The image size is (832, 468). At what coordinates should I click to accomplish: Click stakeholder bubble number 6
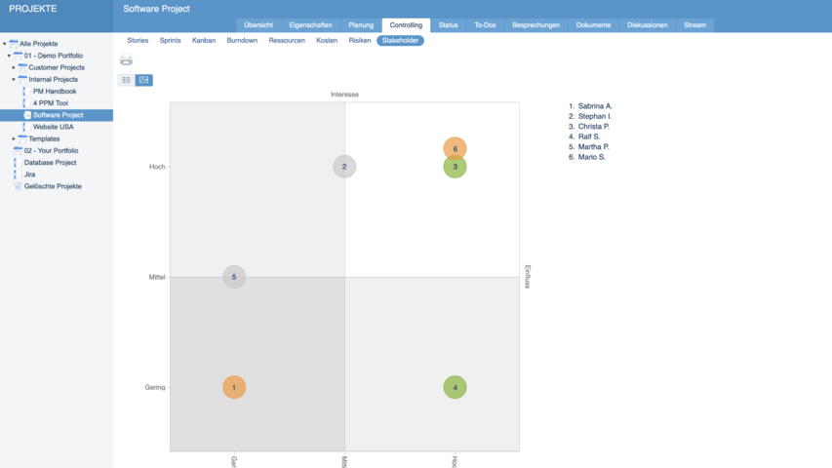point(455,149)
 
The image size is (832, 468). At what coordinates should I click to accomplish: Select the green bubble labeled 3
point(456,169)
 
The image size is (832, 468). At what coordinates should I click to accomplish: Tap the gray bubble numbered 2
point(344,167)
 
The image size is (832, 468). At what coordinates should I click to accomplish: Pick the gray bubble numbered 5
point(234,277)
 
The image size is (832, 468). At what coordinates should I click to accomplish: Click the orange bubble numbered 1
point(234,387)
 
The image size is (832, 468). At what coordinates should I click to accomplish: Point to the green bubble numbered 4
point(455,387)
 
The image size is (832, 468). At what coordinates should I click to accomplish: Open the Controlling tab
point(406,24)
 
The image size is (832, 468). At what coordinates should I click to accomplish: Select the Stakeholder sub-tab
point(400,41)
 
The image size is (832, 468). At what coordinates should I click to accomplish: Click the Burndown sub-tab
point(242,41)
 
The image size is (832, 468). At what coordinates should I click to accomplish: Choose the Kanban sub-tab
point(204,41)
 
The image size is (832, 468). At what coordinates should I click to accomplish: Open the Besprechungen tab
point(535,24)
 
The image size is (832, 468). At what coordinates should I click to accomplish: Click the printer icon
point(126,60)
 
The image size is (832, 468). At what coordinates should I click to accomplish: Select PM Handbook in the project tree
point(54,92)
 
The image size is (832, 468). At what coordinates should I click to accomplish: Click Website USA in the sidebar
point(53,127)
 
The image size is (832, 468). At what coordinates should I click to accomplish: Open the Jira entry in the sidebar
point(29,175)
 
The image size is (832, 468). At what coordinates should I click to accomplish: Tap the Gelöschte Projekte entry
point(53,186)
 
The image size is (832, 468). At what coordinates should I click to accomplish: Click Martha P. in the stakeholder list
point(593,147)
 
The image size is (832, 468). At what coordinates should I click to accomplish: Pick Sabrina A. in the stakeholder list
point(595,105)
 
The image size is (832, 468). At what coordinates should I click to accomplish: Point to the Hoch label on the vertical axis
point(157,167)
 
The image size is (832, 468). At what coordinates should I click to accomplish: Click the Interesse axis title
point(344,95)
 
